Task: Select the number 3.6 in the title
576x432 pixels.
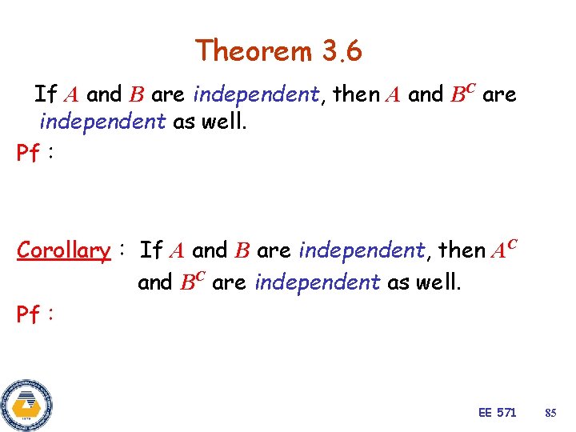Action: [342, 51]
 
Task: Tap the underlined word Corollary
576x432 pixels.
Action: [63, 250]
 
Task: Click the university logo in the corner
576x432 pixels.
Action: [26, 405]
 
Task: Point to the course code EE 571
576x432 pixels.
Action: [497, 413]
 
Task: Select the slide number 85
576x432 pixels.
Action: [550, 413]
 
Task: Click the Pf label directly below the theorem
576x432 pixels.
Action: [29, 152]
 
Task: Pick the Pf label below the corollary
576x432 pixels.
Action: [29, 314]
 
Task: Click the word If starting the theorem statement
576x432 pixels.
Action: [46, 94]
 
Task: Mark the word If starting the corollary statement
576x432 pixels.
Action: [151, 250]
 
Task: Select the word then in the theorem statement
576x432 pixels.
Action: [356, 94]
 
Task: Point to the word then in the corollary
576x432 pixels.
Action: [462, 250]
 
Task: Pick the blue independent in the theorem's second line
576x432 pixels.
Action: [102, 122]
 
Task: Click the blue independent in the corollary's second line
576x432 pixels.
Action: [317, 282]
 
